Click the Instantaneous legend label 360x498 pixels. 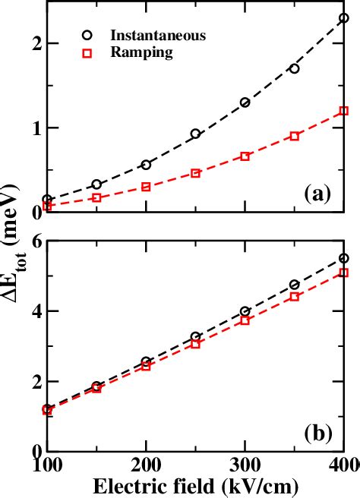158,35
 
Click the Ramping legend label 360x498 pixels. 141,52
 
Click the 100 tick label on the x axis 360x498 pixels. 47,464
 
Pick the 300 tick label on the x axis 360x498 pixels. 245,464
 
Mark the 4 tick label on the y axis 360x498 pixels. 32,311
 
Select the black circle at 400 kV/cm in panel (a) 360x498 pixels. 343,17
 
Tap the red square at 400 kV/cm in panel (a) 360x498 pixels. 343,111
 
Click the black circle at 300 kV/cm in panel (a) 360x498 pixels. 245,102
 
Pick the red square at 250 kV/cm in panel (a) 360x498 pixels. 195,173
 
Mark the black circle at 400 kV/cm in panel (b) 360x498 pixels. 343,258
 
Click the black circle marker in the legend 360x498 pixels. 89,35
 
